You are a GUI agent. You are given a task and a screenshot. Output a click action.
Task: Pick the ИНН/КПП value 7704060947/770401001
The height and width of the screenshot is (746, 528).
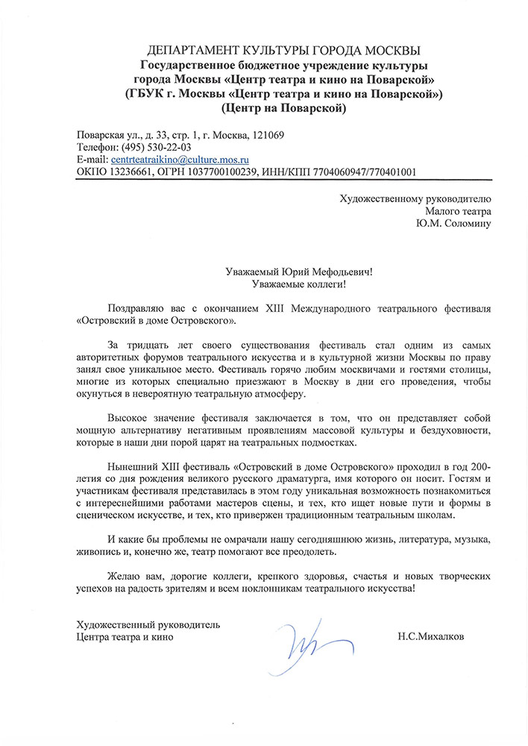pyautogui.click(x=356, y=172)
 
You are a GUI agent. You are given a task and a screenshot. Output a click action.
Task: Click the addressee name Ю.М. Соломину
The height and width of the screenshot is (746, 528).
pyautogui.click(x=454, y=223)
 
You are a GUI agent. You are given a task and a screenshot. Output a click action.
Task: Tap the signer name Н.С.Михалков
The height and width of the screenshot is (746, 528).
pyautogui.click(x=430, y=637)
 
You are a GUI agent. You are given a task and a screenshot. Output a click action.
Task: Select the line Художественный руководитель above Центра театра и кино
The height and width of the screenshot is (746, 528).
pyautogui.click(x=148, y=624)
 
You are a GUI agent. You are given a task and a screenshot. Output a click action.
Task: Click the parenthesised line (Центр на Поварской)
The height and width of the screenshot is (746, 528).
pyautogui.click(x=284, y=108)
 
